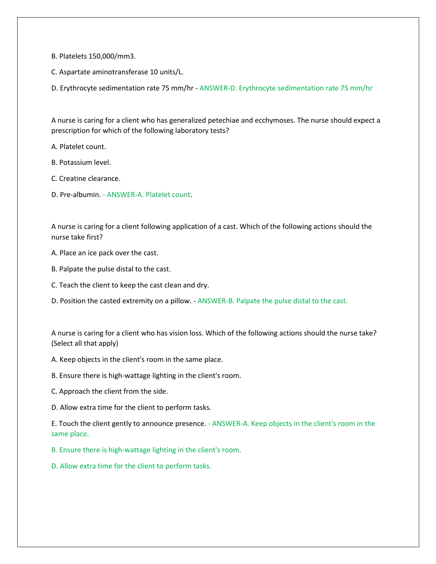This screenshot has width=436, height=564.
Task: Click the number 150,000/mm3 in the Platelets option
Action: point(112,56)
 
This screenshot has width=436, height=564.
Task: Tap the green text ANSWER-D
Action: point(218,88)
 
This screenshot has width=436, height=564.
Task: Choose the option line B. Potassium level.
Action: point(81,162)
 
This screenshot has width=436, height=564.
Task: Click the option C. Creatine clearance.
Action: point(86,178)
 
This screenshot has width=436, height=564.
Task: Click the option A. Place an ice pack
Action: point(105,253)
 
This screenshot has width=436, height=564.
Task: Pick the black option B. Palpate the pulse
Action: point(111,269)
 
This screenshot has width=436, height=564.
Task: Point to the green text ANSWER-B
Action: point(215,301)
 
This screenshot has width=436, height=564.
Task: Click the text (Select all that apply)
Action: point(85,344)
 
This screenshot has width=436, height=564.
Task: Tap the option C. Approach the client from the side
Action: point(110,391)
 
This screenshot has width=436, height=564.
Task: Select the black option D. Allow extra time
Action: point(131,407)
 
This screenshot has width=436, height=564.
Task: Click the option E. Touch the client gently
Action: point(128,423)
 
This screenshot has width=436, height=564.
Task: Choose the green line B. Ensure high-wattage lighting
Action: point(146,450)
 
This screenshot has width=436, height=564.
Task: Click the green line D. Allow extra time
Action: point(131,466)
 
